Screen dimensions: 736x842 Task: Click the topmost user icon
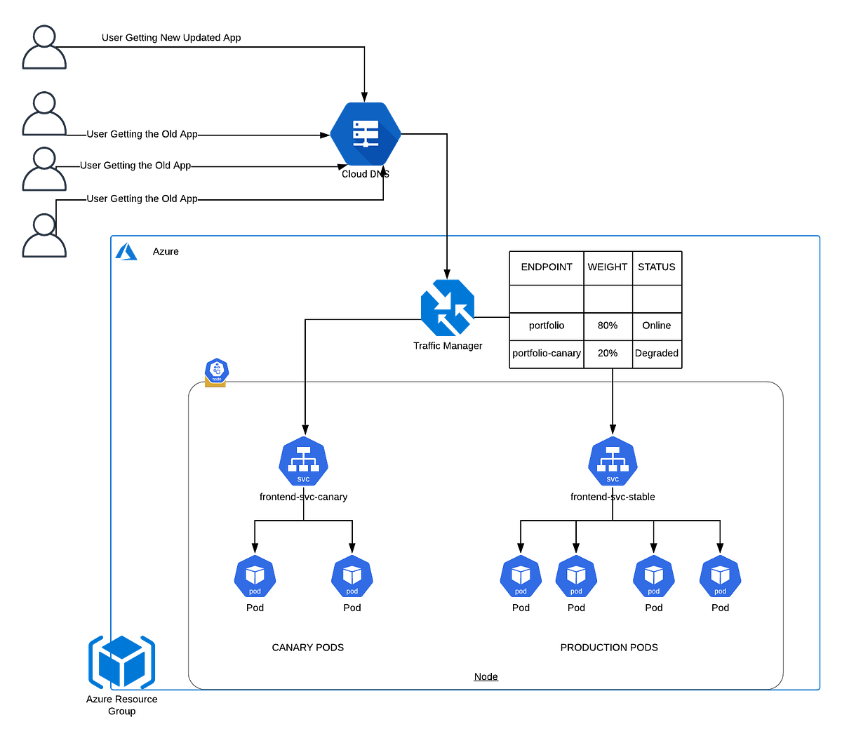(x=44, y=47)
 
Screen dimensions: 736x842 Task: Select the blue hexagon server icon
(x=366, y=133)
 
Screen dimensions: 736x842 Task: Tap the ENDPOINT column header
(x=546, y=267)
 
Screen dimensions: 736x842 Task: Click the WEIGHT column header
(x=607, y=267)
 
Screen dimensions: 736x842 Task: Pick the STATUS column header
(x=656, y=267)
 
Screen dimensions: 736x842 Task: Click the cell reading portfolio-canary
(x=546, y=353)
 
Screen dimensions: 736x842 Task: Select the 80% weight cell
(x=607, y=326)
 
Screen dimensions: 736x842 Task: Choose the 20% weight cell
(x=607, y=353)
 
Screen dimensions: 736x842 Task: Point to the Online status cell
(x=656, y=326)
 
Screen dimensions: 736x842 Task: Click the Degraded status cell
(x=656, y=353)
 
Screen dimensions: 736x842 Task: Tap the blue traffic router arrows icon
(x=448, y=307)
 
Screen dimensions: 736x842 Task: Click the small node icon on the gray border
(x=216, y=371)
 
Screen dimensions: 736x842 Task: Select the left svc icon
(x=303, y=462)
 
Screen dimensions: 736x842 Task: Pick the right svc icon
(x=613, y=462)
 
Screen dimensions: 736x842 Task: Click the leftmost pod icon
(x=255, y=577)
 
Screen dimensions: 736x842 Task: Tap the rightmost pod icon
(x=720, y=577)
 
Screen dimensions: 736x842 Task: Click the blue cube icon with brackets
(x=121, y=661)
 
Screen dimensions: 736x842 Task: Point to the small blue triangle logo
(x=126, y=251)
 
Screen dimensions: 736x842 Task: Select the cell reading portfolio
(x=546, y=326)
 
